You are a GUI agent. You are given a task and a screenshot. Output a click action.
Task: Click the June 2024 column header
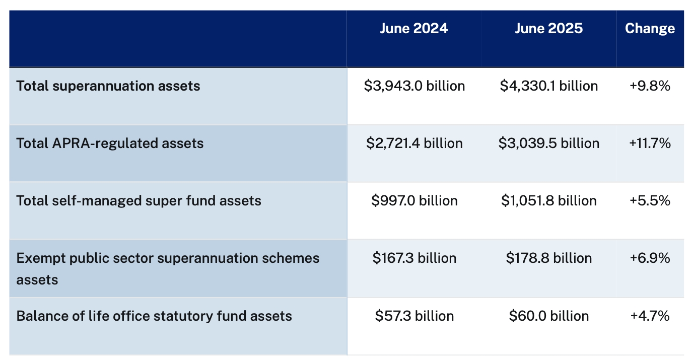pos(413,29)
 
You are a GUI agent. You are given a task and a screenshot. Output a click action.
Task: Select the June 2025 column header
pos(548,29)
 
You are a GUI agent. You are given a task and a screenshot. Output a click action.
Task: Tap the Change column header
pos(650,29)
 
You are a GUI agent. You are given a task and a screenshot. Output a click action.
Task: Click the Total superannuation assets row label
pos(108,86)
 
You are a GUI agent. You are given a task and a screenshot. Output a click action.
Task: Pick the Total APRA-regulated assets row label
pos(110,143)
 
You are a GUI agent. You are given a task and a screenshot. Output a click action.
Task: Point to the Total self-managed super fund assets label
pos(138,201)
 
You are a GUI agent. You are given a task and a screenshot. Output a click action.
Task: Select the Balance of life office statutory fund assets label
pos(154,316)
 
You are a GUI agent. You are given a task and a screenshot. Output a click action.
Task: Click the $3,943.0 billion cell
pos(414,86)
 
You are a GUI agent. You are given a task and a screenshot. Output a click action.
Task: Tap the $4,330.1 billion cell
pos(549,86)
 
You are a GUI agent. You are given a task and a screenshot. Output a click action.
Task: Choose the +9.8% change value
pos(650,86)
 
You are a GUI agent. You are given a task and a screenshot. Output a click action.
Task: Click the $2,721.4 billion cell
pos(414,143)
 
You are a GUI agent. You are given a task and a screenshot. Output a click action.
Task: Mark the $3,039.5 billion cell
pos(549,143)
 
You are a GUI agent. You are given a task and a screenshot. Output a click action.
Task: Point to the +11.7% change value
pos(650,143)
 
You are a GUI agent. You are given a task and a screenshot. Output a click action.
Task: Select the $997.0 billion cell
pos(414,201)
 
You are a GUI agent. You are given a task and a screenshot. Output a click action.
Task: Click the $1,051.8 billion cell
pos(549,201)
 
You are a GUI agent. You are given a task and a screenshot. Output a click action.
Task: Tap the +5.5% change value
pos(650,201)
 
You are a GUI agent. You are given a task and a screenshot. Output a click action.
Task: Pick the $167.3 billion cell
pos(414,258)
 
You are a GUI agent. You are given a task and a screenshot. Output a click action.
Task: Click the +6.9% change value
pos(650,258)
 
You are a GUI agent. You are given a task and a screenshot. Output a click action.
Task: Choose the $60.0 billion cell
pos(549,316)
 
